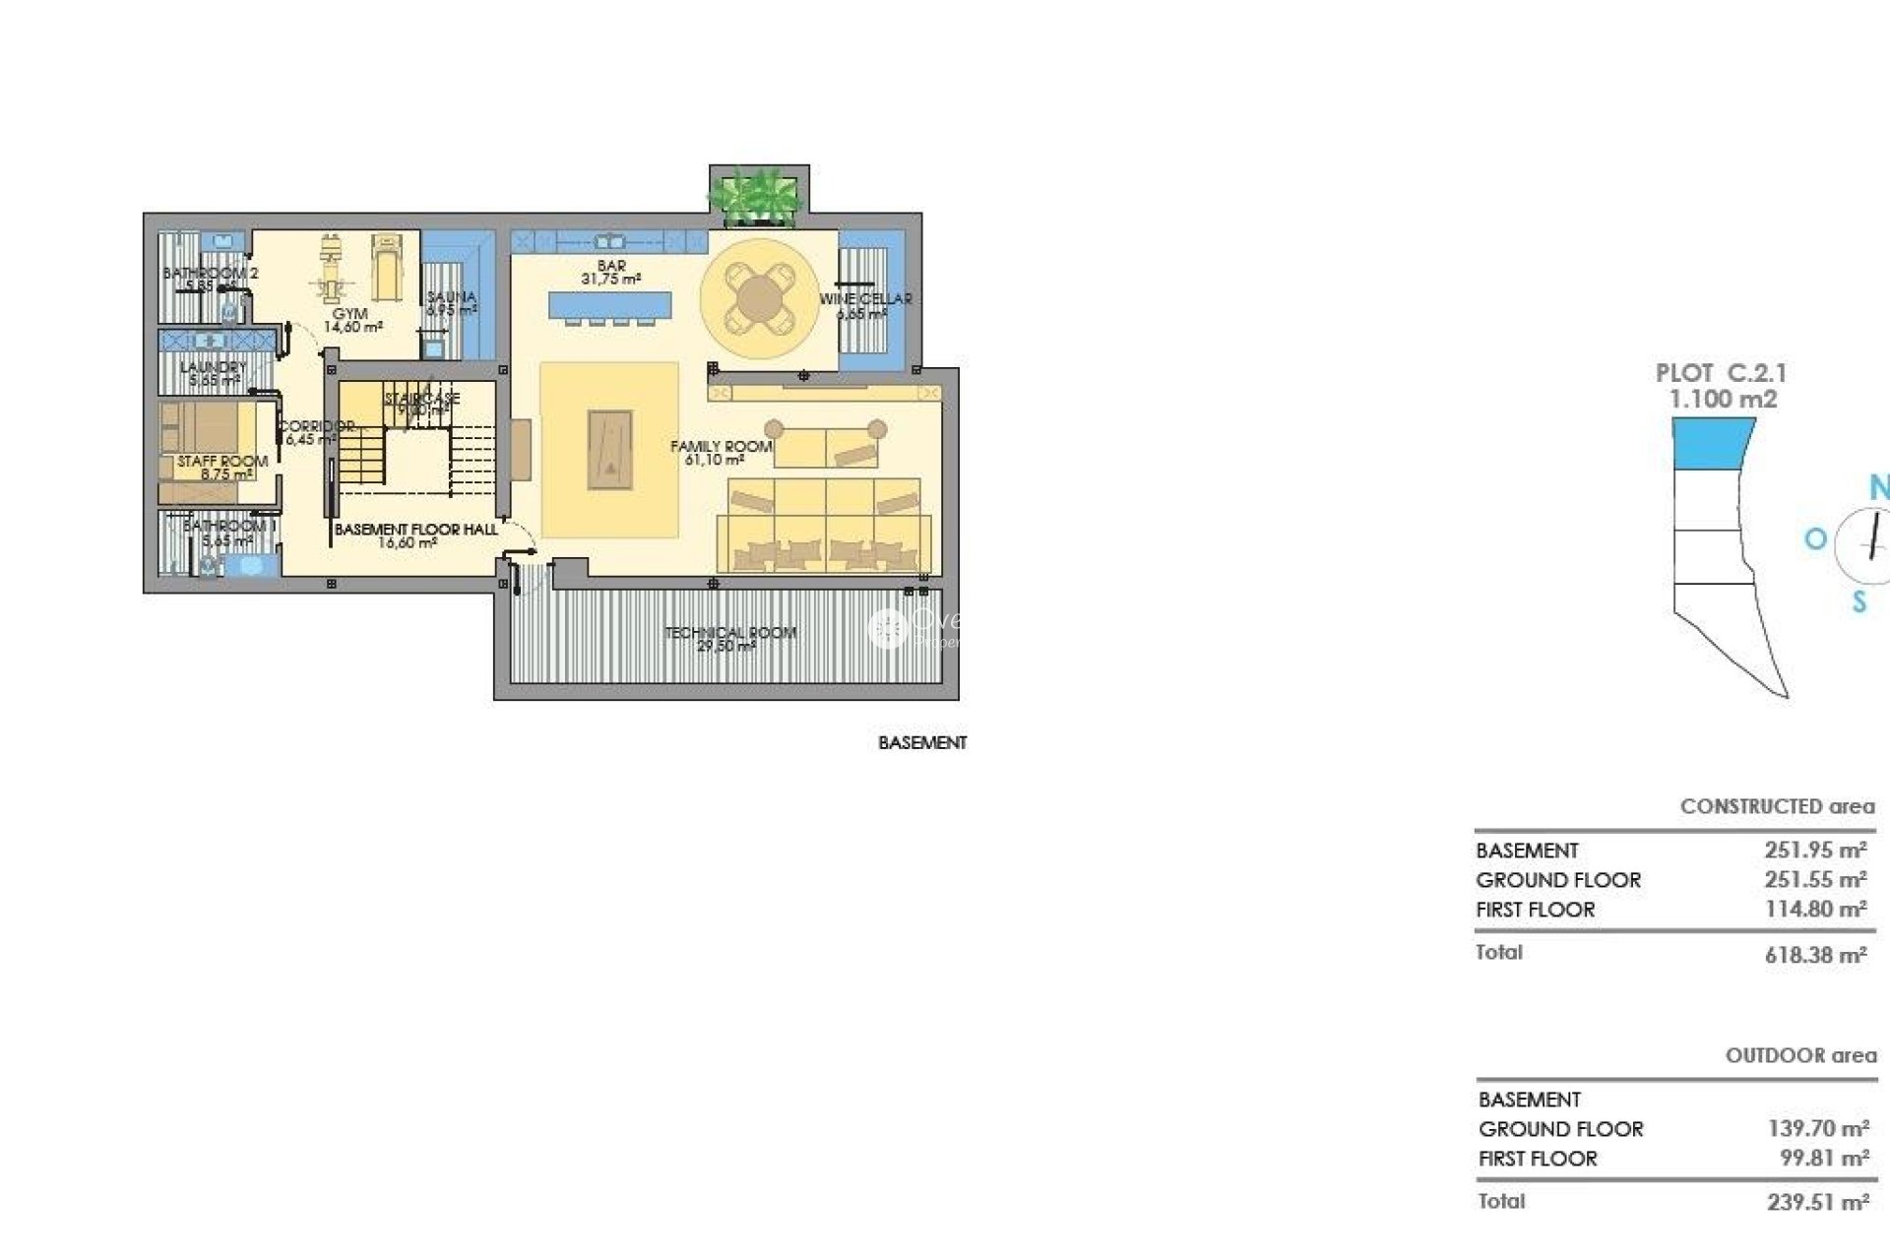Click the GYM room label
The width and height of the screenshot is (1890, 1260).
[x=350, y=314]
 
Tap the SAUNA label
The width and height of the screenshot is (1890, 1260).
[x=452, y=297]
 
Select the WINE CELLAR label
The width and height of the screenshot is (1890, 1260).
[x=865, y=299]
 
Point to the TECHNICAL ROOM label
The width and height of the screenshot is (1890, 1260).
[x=730, y=633]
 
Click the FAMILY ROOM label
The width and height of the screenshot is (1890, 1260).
[x=721, y=447]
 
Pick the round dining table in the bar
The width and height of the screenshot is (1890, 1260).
[x=758, y=298]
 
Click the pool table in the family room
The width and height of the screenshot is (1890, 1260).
[x=609, y=449]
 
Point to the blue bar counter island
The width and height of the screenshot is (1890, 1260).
[x=609, y=305]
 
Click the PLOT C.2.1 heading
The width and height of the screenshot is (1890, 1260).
[x=1721, y=374]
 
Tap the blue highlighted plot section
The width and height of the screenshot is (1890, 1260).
[x=1712, y=443]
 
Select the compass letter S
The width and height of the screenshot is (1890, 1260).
[x=1858, y=601]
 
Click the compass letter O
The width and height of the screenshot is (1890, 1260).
[x=1815, y=538]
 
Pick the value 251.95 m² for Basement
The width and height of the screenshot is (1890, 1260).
[x=1815, y=850]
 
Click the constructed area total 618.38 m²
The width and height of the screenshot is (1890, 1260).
[x=1815, y=954]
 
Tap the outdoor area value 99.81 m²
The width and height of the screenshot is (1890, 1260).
[x=1823, y=1159]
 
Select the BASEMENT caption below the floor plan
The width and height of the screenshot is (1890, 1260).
[x=922, y=743]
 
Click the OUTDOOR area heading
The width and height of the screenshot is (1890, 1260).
[x=1800, y=1055]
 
